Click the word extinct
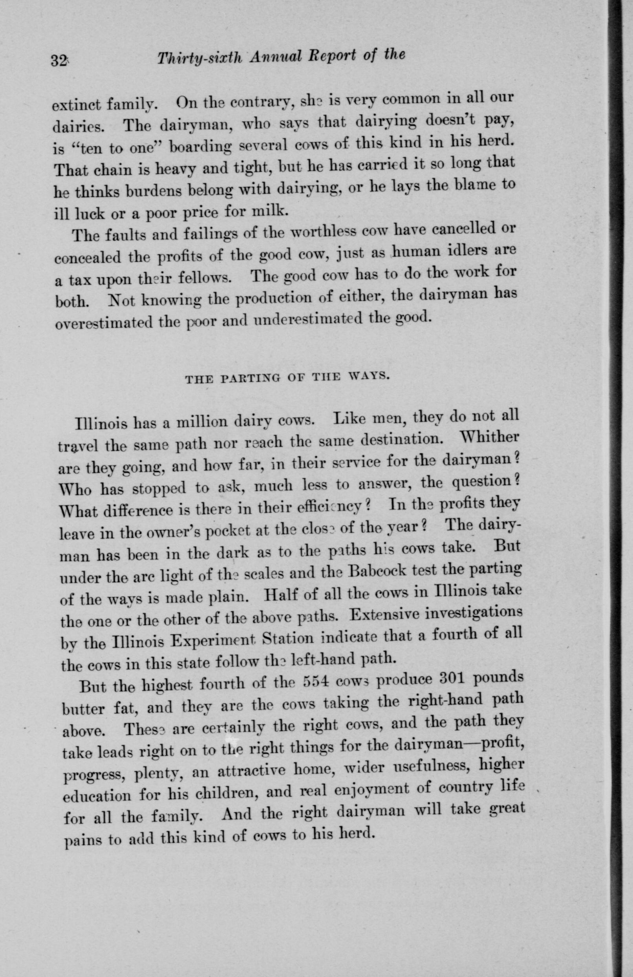pos(77,106)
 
